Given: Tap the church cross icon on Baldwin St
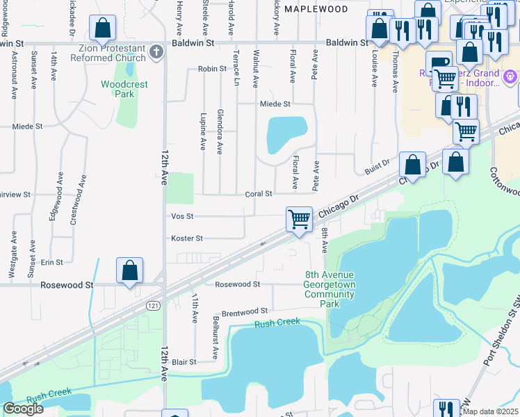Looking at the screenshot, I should pos(157,51).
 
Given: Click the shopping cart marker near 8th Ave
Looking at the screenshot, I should pos(299,219).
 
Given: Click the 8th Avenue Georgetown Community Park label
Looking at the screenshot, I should pos(330,289).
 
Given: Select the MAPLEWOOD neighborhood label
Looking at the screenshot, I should pos(316,9).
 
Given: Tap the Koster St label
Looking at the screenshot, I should pos(187,238).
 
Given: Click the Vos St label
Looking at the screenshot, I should pos(182,216).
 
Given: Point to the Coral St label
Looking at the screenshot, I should pos(259,194).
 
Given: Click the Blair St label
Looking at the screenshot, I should pos(184,362).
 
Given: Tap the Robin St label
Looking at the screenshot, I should pos(212,69).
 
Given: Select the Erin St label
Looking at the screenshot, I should pos(52,262).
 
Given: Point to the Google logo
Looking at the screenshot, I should pos(23,409).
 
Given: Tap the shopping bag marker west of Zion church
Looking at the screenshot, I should pos(103,28).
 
